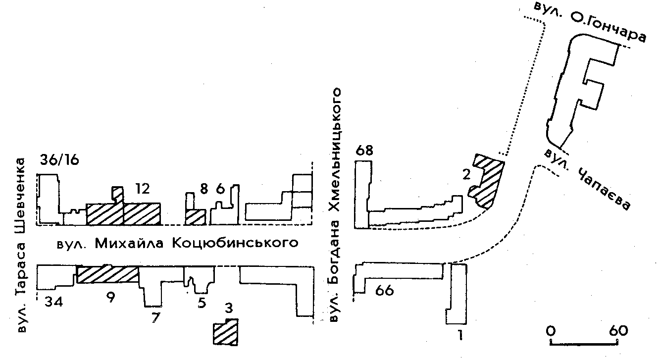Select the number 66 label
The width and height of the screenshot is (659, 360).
click(384, 291)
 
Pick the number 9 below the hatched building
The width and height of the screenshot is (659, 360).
click(110, 298)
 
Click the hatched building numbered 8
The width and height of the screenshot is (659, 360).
click(195, 216)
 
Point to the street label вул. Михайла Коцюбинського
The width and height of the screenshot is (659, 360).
click(177, 243)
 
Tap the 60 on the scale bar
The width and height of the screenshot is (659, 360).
click(618, 330)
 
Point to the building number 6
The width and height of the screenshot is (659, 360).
click(221, 189)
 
